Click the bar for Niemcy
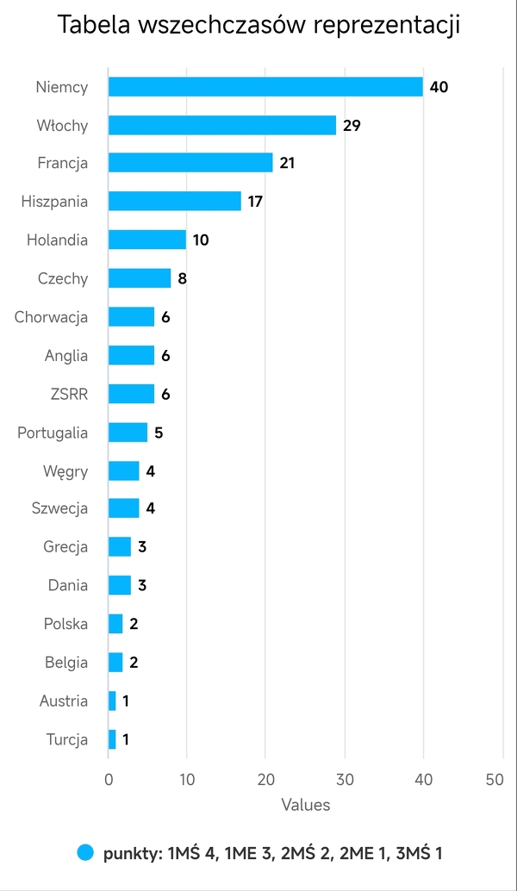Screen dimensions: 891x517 coord(265,87)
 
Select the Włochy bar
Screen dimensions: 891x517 coord(222,125)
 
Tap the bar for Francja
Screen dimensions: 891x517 coord(190,163)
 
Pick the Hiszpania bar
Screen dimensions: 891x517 coord(175,202)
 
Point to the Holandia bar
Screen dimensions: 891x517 coord(147,240)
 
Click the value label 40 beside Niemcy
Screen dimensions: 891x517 coord(439,87)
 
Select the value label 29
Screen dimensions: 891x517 coord(352,125)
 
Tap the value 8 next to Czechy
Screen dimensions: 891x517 coord(183,278)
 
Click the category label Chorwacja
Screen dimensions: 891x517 coord(52,317)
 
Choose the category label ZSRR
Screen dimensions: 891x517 coord(69,394)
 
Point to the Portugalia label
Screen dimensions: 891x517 coord(53,433)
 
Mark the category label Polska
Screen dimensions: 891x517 coord(66,624)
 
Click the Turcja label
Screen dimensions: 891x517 coord(66,739)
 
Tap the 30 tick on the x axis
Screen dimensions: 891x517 coord(345,779)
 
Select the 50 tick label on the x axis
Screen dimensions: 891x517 coord(495,779)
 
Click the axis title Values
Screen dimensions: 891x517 coord(305,805)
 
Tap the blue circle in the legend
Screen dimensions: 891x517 coord(84,852)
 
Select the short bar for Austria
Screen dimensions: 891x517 coord(112,701)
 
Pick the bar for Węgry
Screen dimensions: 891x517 coord(124,470)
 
